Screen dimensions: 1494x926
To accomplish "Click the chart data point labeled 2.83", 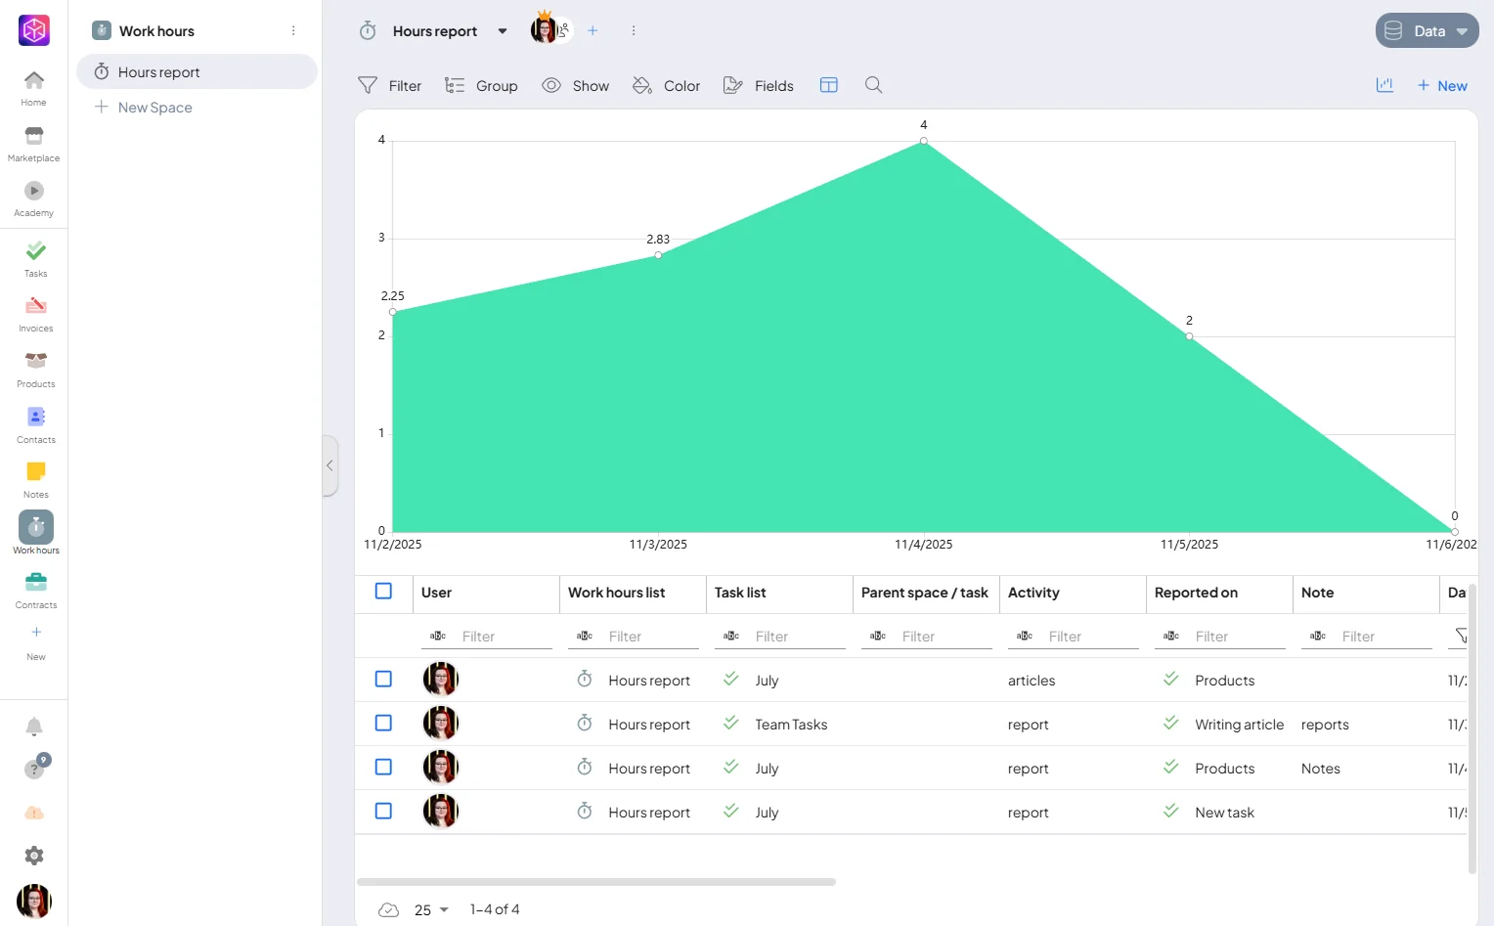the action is (658, 255).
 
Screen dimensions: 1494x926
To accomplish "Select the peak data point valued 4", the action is (924, 141).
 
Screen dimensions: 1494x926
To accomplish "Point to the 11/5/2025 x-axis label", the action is (1189, 545).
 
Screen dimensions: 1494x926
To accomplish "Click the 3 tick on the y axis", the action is (381, 238).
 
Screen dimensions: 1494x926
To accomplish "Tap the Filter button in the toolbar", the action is (389, 85).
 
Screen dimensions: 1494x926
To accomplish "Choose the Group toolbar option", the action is (481, 85).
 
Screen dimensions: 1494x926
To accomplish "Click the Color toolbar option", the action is (666, 85).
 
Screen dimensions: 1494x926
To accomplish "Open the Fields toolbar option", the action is (759, 85).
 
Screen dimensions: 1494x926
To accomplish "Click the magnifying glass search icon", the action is (874, 85).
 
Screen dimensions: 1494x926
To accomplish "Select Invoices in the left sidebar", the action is (35, 315).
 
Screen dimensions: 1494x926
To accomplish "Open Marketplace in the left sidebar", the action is (33, 144).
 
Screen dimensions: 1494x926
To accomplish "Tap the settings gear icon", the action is (34, 856).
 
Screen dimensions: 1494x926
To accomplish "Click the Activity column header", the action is (1033, 593).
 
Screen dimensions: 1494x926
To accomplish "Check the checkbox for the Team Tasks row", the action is (383, 724).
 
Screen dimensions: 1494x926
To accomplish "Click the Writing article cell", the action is (1239, 724).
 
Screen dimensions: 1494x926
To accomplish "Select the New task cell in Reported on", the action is (1224, 812).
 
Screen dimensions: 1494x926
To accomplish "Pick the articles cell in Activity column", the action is (1032, 680).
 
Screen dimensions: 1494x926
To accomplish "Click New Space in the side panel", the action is (154, 108).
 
